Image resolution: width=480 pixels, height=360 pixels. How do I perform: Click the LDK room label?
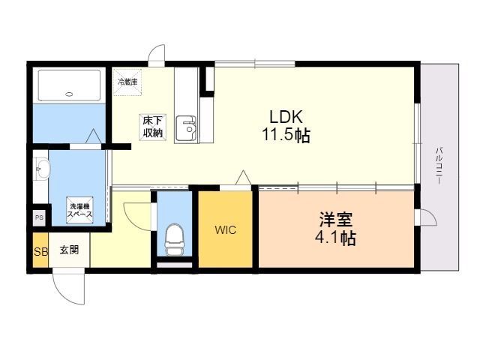click(x=286, y=117)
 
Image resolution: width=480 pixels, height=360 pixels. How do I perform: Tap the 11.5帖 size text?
click(x=286, y=135)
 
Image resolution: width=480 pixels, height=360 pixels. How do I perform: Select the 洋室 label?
click(x=336, y=219)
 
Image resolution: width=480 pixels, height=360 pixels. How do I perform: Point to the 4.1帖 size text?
click(x=336, y=238)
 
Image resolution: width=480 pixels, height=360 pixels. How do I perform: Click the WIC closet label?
click(x=225, y=230)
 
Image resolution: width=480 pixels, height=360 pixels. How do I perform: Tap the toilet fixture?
click(x=174, y=239)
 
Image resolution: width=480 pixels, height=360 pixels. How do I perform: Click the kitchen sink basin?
click(x=186, y=128)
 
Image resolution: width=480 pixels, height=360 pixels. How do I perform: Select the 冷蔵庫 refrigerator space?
click(x=127, y=82)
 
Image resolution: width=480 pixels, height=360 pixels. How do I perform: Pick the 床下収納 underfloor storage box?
click(x=153, y=127)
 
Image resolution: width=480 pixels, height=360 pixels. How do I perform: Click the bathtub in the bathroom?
click(x=69, y=85)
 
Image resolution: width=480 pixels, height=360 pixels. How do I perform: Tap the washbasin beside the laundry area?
click(x=41, y=169)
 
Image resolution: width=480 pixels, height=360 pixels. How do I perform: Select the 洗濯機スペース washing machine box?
click(x=79, y=210)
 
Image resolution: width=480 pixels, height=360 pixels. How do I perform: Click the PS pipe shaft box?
click(x=39, y=218)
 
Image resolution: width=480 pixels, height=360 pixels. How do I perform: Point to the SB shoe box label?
click(x=40, y=252)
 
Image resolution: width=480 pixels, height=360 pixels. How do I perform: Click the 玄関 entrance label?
click(x=69, y=250)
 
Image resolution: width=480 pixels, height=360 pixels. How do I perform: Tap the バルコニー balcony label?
click(x=439, y=166)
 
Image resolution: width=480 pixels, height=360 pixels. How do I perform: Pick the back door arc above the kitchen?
click(x=155, y=50)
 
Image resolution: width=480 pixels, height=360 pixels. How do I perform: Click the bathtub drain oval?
click(x=70, y=94)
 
